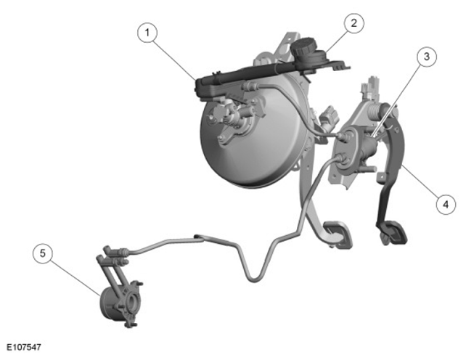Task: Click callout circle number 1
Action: point(147,33)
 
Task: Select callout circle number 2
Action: point(354,23)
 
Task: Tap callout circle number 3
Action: point(427,57)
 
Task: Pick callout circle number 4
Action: point(446,204)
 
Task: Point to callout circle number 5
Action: point(43,253)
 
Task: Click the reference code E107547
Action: point(24,347)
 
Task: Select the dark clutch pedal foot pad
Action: point(392,230)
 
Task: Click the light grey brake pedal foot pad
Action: point(338,233)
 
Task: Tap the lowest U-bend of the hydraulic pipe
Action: point(254,279)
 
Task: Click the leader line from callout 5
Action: point(75,277)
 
